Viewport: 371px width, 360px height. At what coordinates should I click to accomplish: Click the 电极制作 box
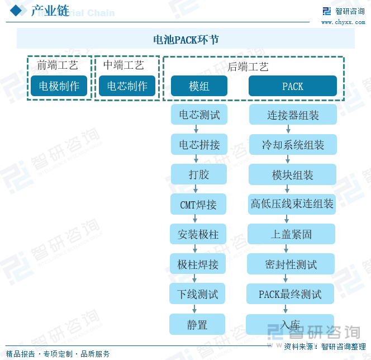point(59,86)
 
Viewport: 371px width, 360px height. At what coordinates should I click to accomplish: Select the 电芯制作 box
point(127,86)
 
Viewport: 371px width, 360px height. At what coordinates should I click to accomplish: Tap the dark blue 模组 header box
point(199,86)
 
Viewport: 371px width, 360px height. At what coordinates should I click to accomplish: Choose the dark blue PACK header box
point(293,86)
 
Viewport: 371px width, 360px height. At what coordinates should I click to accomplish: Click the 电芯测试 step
point(199,115)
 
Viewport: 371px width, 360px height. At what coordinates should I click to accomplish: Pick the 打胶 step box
point(199,174)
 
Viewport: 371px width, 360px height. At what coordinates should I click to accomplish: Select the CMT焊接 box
point(198,204)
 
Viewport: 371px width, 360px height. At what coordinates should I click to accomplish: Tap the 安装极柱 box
point(198,234)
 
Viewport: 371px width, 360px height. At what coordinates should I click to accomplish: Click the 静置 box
point(197,324)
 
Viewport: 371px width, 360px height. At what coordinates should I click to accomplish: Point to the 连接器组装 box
point(293,115)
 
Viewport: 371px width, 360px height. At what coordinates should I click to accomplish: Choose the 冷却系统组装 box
point(293,145)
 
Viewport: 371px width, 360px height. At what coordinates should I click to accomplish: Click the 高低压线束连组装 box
point(292,204)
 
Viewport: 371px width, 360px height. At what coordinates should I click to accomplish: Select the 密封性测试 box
point(291,264)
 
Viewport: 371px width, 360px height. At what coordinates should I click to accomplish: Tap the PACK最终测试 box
point(290,293)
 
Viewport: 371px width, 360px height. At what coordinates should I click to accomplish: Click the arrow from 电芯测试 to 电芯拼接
point(196,129)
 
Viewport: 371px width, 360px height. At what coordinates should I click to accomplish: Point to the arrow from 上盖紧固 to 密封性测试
point(286,249)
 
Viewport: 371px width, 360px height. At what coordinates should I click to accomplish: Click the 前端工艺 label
point(58,65)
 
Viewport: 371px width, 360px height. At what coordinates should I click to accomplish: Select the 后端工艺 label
point(248,67)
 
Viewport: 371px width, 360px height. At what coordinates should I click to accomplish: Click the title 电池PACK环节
point(186,40)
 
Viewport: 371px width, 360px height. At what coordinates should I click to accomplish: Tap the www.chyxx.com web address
point(343,22)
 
